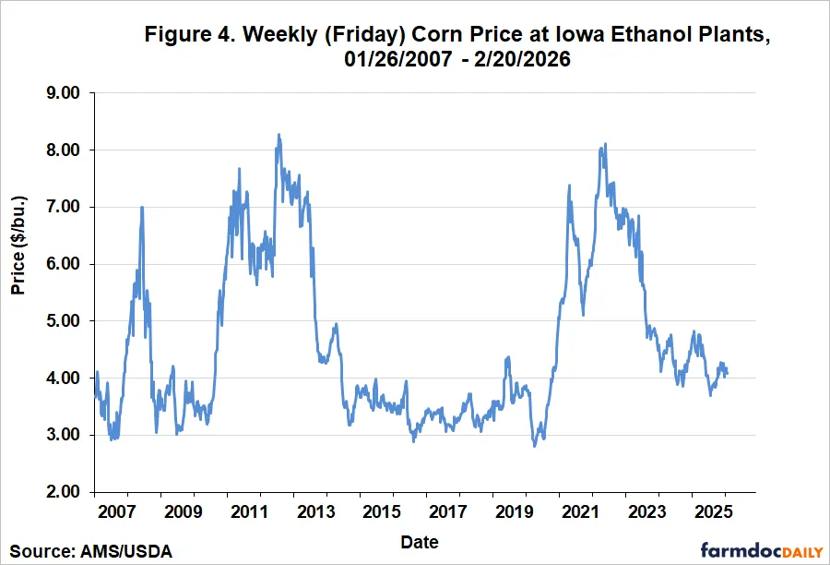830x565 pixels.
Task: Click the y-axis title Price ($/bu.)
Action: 18,245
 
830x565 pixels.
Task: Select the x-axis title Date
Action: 420,541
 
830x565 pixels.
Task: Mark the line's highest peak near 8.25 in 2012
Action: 279,135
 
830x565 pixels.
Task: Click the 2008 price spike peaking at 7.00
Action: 141,207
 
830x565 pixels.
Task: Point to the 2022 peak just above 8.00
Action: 605,143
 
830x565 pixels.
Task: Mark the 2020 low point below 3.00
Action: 534,446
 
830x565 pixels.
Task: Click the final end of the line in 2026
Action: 727,375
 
